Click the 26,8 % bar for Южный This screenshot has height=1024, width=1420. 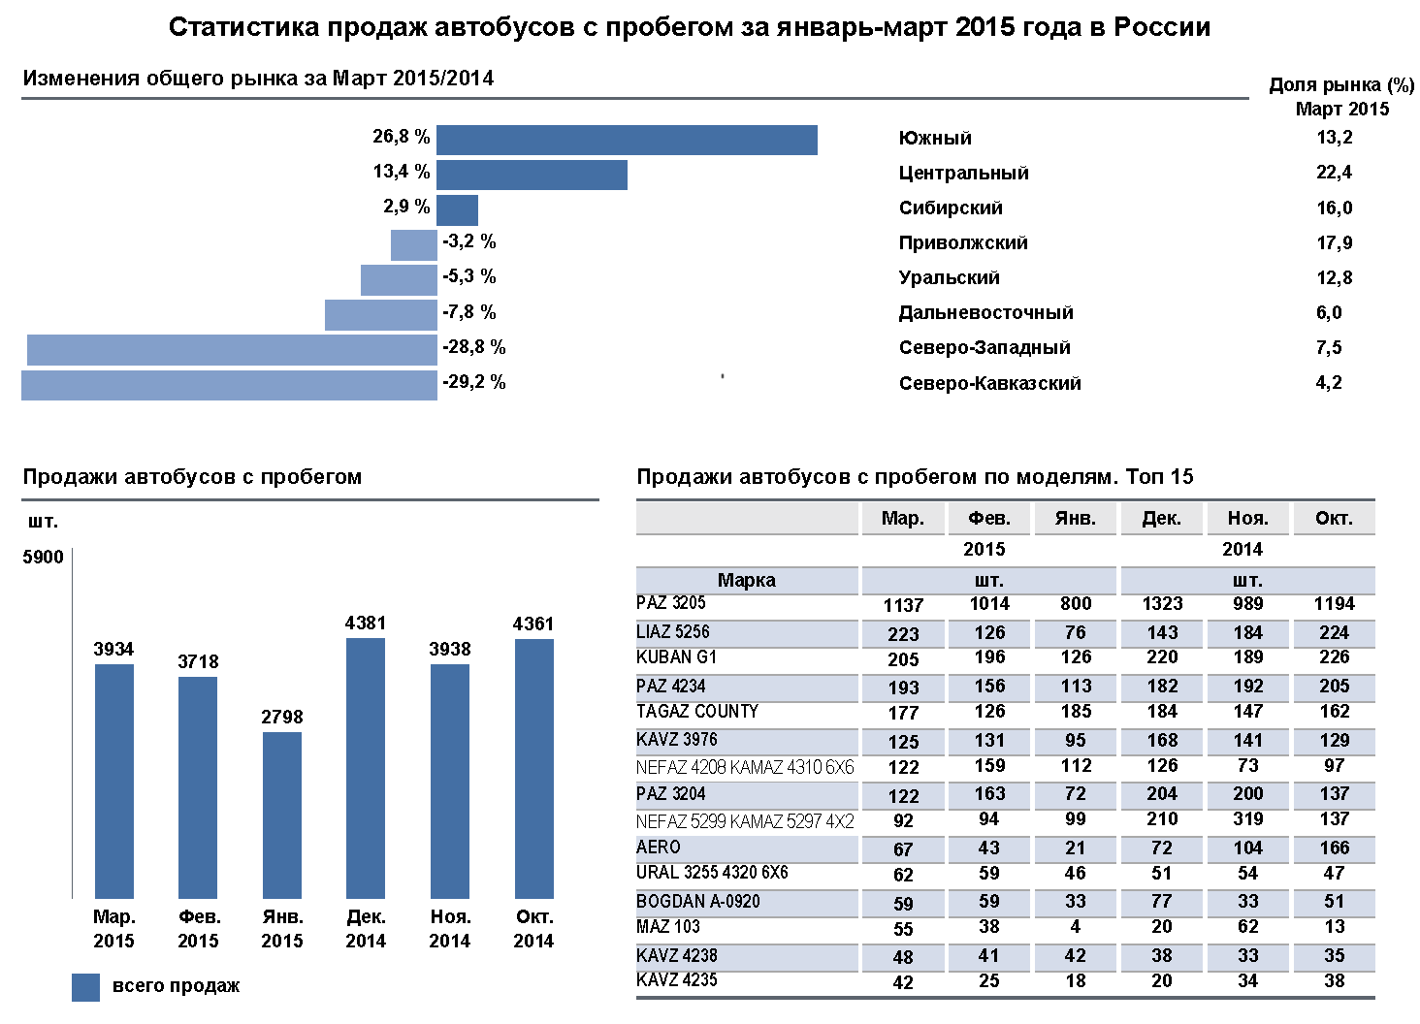(x=627, y=140)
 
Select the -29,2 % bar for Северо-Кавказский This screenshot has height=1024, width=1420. (x=229, y=385)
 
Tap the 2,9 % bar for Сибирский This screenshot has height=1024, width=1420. (x=457, y=210)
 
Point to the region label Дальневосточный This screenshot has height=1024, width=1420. (x=985, y=312)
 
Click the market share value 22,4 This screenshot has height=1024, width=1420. (x=1334, y=173)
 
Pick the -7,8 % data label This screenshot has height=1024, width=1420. (x=469, y=312)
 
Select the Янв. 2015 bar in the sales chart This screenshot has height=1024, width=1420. (x=282, y=815)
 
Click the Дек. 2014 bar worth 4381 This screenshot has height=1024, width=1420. (x=366, y=767)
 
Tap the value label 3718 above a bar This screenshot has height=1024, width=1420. (x=198, y=661)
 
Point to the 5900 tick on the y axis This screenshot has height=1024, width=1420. (x=44, y=557)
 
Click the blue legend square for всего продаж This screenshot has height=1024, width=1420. (x=85, y=987)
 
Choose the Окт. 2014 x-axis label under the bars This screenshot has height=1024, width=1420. (x=533, y=928)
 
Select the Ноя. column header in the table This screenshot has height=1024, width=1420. (x=1247, y=519)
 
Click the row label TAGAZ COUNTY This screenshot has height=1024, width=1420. (x=696, y=712)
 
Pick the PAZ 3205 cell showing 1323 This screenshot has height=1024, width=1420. (x=1162, y=604)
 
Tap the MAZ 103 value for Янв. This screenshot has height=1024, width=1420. (x=1076, y=927)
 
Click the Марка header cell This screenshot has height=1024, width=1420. (x=746, y=580)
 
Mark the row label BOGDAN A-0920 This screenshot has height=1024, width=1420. (x=697, y=902)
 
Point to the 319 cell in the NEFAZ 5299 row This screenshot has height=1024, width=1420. (x=1247, y=819)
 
